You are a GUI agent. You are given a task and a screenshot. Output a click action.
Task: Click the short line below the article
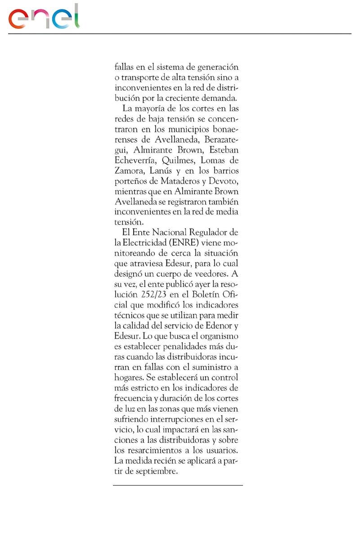point(178,485)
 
